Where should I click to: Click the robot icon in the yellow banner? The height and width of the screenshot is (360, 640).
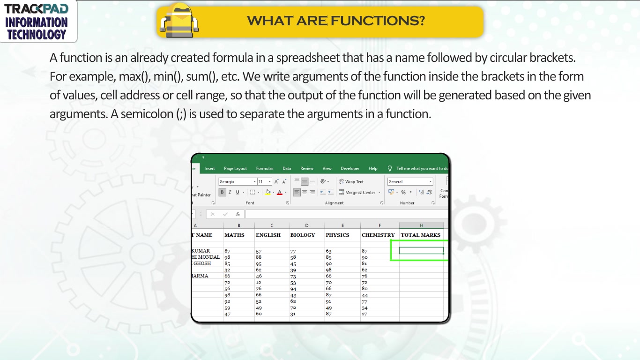coord(179,20)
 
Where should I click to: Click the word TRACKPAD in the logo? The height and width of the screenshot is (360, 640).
coord(36,9)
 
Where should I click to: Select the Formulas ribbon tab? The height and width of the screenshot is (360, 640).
coord(265,168)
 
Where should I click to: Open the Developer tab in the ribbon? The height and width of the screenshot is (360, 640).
coord(350,168)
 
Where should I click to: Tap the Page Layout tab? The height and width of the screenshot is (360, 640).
coord(235,168)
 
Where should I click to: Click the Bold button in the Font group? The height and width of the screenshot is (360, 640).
coord(222,192)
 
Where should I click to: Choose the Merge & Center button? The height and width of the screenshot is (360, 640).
coord(359,193)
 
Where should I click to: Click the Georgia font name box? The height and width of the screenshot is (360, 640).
coord(237,181)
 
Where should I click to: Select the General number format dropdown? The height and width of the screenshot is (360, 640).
coord(410,181)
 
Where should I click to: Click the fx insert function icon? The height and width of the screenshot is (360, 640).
coord(238,214)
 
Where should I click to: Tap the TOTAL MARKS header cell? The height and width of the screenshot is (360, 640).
coord(421,235)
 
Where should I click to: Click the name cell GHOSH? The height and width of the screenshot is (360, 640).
coord(202,263)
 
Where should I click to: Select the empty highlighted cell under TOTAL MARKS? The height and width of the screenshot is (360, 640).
coord(421,250)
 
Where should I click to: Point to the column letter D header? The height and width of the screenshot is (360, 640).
coord(306,225)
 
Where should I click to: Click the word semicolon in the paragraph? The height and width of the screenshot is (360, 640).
coord(147,114)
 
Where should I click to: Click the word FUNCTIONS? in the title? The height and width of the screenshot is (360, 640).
coord(378,21)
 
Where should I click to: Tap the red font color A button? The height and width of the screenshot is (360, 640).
coord(280,193)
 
